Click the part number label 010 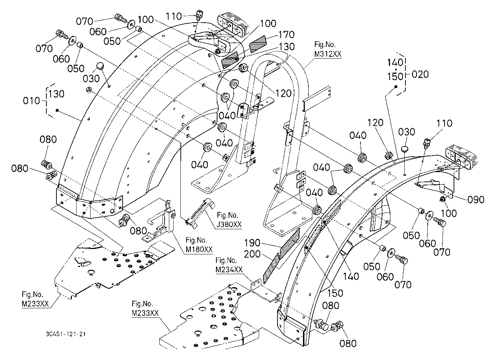pos(31,101)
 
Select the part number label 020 pos(420,74)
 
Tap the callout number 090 pos(476,200)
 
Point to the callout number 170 pos(286,34)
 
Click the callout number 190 pos(252,243)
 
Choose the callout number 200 pos(252,254)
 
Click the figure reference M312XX pos(328,54)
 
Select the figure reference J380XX pos(229,225)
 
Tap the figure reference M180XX pos(199,249)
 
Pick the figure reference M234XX pos(229,269)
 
